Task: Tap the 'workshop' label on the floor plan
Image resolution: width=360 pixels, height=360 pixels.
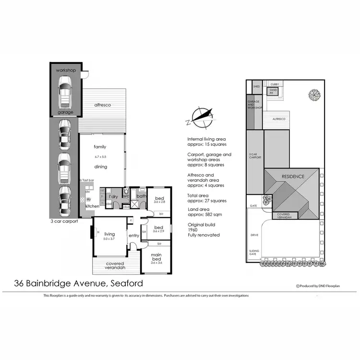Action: (66, 71)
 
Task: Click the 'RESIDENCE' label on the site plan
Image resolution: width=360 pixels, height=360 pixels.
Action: (293, 176)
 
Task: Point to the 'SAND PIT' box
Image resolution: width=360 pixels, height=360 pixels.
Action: (273, 91)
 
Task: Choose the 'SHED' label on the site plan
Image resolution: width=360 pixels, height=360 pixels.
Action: (256, 86)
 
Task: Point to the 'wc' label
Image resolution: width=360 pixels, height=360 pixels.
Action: (126, 196)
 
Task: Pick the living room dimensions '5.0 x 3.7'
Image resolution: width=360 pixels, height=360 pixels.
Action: (109, 239)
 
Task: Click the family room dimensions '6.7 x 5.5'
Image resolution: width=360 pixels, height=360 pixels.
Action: (100, 157)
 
